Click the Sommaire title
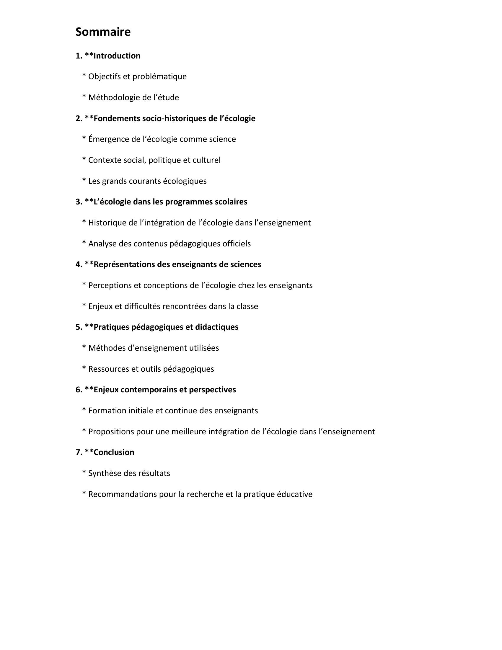pos(103,32)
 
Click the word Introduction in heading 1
pos(117,56)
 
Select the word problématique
pos(159,77)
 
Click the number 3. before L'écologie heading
pos(79,202)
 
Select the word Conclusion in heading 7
pos(114,452)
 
